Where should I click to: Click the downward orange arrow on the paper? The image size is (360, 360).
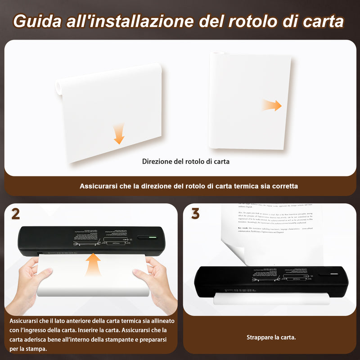point(119,135)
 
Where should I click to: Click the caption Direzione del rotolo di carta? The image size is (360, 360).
point(186,161)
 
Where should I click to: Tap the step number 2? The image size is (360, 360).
point(15,214)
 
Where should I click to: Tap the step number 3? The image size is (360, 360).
point(195,214)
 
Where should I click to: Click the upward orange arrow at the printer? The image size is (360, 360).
point(93,265)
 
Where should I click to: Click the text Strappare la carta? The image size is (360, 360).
point(271,337)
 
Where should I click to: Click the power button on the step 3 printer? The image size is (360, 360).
point(330,274)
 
